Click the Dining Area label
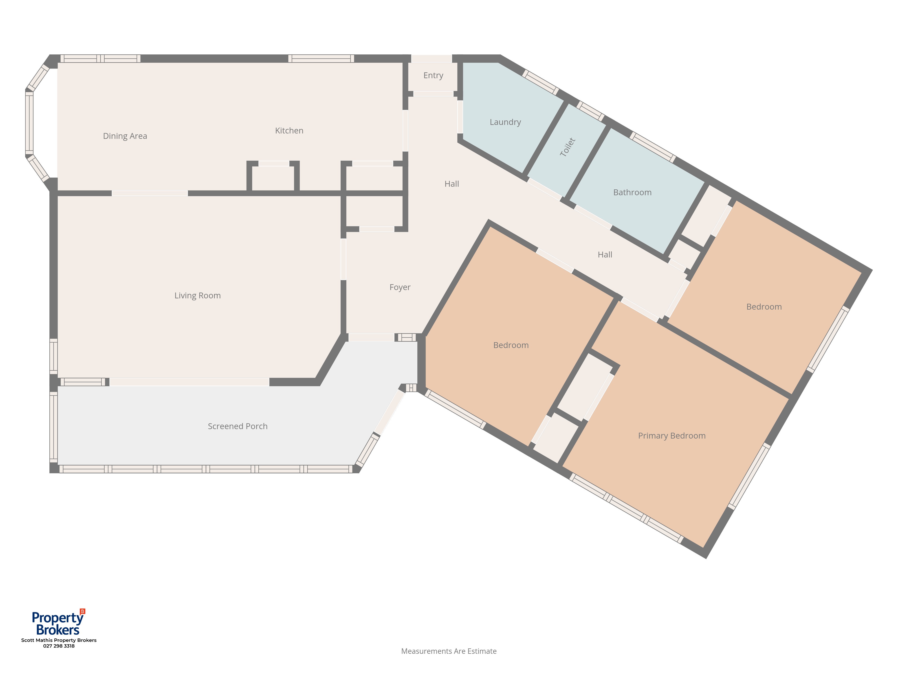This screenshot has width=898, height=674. pos(125,136)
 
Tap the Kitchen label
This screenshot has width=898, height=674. pos(289,130)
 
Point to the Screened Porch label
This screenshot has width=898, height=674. pos(238,426)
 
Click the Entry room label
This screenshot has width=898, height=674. pos(433,75)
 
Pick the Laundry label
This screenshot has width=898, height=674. pos(505,122)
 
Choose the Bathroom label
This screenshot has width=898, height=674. pos(632,193)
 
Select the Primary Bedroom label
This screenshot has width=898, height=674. pos(671,436)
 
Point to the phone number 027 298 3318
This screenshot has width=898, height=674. pos(59,646)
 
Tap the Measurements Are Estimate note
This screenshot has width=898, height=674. pos(449,651)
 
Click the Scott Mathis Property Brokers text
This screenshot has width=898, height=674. pos(59,640)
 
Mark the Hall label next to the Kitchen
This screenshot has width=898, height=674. pos(451,184)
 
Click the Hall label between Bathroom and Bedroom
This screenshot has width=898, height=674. pos(605,255)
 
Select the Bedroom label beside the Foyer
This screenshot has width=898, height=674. pos(511,345)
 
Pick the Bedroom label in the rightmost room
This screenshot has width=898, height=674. pos(764,307)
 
